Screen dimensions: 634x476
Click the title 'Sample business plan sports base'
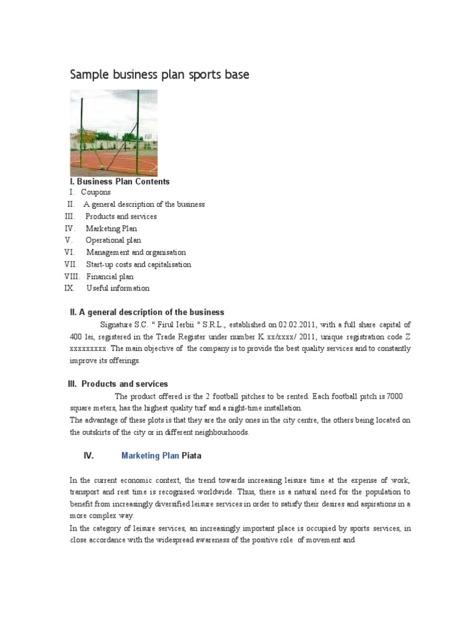pos(160,75)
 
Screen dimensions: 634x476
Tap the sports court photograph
pos(113,132)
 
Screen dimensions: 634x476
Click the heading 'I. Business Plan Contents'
pos(120,181)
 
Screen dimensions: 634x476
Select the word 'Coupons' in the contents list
pos(96,193)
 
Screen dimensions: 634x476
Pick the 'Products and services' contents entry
pos(121,217)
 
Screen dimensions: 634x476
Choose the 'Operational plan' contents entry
pos(113,240)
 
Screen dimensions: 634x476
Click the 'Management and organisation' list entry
pos(136,253)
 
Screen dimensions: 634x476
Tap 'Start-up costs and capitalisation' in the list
pos(139,264)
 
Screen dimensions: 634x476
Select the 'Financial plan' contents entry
pos(110,277)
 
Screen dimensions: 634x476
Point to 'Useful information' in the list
pos(118,289)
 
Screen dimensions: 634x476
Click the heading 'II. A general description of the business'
pos(147,312)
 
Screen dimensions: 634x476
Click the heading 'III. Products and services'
pos(118,384)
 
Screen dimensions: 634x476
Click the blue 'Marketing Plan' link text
pos(150,456)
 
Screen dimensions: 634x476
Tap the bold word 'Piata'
pos(192,456)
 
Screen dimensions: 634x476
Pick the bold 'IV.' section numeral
pos(89,456)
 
